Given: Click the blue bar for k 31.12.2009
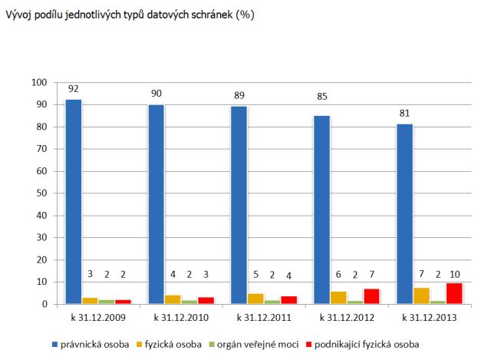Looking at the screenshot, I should (x=74, y=202).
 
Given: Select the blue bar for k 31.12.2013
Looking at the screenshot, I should (x=404, y=214).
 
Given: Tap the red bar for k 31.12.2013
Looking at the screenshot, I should (x=454, y=293).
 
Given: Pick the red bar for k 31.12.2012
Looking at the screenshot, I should (x=371, y=296).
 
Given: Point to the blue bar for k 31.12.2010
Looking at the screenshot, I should (x=156, y=204).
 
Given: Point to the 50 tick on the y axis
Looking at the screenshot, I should (x=42, y=193).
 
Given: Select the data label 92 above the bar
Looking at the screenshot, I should (x=74, y=88).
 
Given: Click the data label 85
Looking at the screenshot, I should (x=321, y=97).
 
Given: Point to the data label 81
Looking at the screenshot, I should (x=404, y=113).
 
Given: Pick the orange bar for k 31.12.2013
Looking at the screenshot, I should (x=421, y=296).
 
